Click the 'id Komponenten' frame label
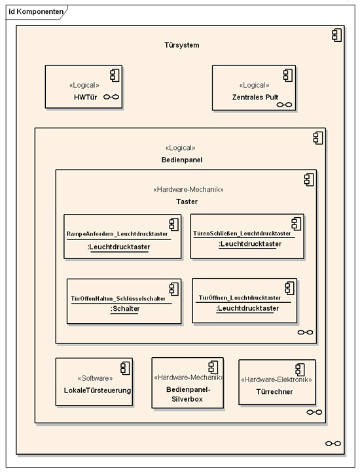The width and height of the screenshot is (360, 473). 36,12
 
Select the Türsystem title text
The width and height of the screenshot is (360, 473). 182,45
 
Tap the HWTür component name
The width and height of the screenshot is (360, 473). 85,97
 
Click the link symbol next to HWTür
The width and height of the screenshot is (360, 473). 111,97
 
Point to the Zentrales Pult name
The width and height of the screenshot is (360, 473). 255,97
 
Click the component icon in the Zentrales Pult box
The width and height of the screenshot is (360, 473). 288,75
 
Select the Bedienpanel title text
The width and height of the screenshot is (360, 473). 182,160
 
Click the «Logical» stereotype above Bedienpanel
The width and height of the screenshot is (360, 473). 180,148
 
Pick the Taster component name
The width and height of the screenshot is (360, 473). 187,201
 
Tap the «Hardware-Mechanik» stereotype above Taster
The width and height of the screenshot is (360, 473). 189,190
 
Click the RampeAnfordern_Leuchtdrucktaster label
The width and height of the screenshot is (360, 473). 117,234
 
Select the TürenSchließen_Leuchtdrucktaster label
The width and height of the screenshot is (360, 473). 242,233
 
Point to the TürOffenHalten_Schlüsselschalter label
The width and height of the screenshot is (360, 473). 118,298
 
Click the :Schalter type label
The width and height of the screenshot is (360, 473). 125,309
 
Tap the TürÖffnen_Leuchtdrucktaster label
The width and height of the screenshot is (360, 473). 240,298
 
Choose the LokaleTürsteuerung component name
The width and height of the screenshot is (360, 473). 97,391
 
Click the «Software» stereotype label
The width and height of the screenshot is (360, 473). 95,378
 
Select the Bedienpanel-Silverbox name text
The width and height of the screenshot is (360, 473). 188,394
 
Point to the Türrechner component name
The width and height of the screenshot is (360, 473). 274,392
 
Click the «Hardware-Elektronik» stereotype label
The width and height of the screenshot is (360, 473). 276,379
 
